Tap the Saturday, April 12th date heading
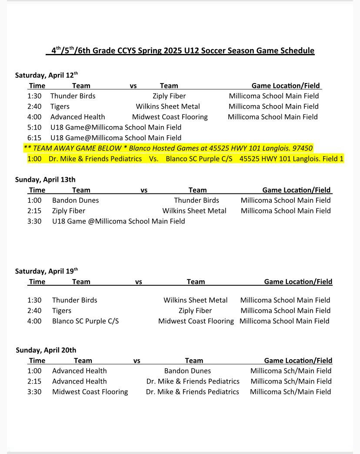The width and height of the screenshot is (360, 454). point(46,75)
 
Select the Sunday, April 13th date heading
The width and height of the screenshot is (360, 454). point(45,179)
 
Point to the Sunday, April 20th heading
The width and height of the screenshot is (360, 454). point(46,350)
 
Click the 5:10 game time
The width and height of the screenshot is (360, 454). point(34,127)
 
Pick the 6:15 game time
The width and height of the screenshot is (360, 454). point(34,137)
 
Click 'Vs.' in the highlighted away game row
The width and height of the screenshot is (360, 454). point(153,159)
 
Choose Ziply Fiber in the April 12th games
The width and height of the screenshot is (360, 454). point(169,96)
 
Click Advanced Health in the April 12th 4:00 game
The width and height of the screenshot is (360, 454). point(77,117)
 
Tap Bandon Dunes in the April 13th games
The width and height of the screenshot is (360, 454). point(75,200)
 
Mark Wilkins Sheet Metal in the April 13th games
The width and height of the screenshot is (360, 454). point(194,210)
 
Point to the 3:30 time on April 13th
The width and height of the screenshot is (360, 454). point(34,221)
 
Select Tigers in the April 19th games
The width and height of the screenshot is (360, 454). point(61,310)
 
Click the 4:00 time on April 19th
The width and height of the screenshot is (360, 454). point(34,321)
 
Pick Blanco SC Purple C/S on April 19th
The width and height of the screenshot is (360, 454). point(85,321)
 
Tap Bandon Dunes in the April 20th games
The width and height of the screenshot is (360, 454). point(187,371)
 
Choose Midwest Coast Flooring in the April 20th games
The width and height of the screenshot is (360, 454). point(90,391)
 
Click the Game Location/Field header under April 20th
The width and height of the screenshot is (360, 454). point(298,360)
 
